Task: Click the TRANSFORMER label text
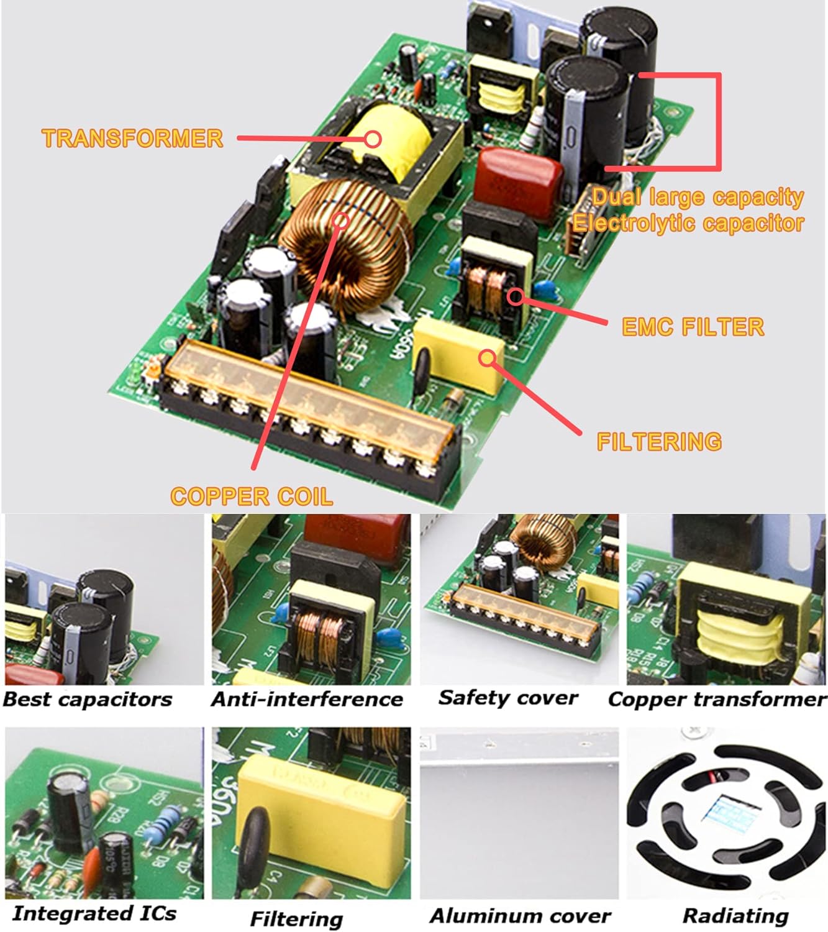tap(132, 138)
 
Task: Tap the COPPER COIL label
tap(252, 496)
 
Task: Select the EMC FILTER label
tap(693, 327)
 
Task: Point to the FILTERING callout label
tap(659, 441)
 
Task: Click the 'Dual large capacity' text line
tap(698, 197)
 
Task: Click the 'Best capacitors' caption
tap(88, 699)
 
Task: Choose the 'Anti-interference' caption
tap(307, 699)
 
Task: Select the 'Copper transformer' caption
tap(717, 699)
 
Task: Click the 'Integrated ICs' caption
tap(94, 913)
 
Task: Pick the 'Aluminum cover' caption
tap(521, 915)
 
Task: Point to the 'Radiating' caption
tap(735, 915)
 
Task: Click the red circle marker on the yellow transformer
tap(373, 139)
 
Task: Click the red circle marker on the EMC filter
tap(515, 296)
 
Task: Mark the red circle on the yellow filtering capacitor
tap(488, 357)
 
